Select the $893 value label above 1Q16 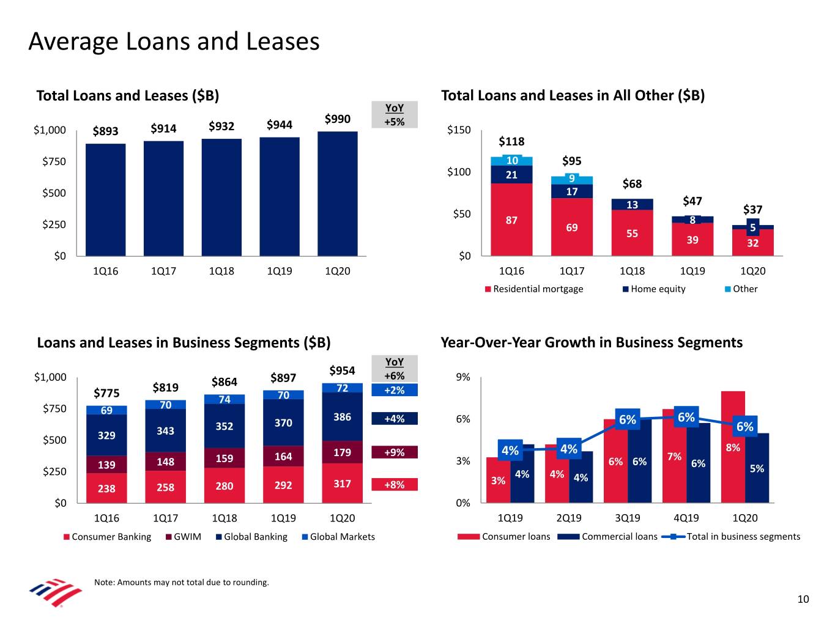[105, 130]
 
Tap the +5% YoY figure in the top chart [395, 122]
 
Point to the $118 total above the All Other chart [511, 141]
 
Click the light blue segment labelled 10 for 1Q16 [511, 160]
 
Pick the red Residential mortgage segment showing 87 [511, 219]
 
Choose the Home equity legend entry [654, 289]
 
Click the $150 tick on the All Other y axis [459, 130]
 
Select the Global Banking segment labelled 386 [342, 417]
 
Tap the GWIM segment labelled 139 [106, 465]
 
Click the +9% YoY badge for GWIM [395, 452]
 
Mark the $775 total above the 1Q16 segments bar [106, 392]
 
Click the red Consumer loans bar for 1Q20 [733, 446]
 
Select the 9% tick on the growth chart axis [463, 377]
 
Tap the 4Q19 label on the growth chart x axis [686, 518]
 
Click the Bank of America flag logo [55, 592]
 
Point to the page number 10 [803, 599]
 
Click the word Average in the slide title [73, 42]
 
